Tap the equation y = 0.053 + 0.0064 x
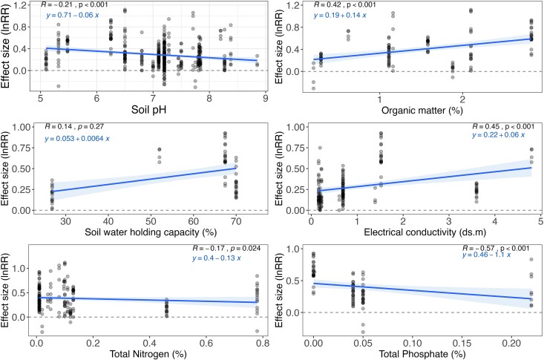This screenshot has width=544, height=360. click(85, 140)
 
